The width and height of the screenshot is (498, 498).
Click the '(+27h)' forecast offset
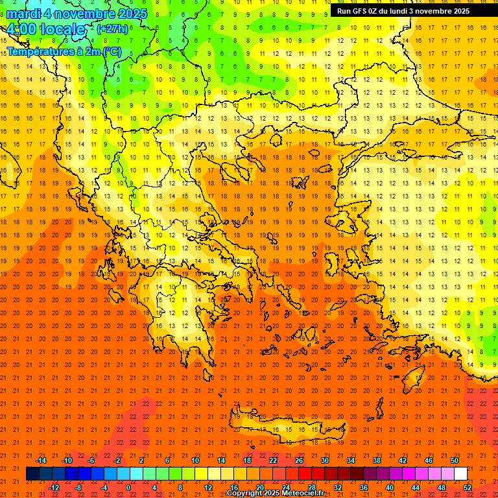pyautogui.click(x=112, y=29)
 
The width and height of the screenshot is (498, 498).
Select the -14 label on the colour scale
pyautogui.click(x=41, y=460)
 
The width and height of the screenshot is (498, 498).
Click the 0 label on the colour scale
pyautogui.click(x=128, y=488)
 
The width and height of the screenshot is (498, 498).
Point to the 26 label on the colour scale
pyautogui.click(x=299, y=460)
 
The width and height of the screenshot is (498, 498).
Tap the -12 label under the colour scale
pyautogui.click(x=54, y=488)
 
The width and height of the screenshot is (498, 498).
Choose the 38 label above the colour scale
pyautogui.click(x=377, y=460)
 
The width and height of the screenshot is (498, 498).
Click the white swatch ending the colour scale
pyautogui.click(x=460, y=474)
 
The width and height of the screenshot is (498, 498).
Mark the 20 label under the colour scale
pyautogui.click(x=260, y=488)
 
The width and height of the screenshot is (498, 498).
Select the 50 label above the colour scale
pyautogui.click(x=455, y=460)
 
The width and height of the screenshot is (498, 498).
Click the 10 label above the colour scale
pyautogui.click(x=195, y=460)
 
